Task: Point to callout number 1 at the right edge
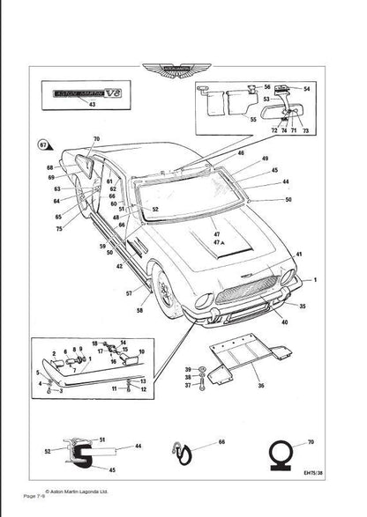(315, 280)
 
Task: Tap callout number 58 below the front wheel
(138, 310)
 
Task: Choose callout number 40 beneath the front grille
(283, 321)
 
